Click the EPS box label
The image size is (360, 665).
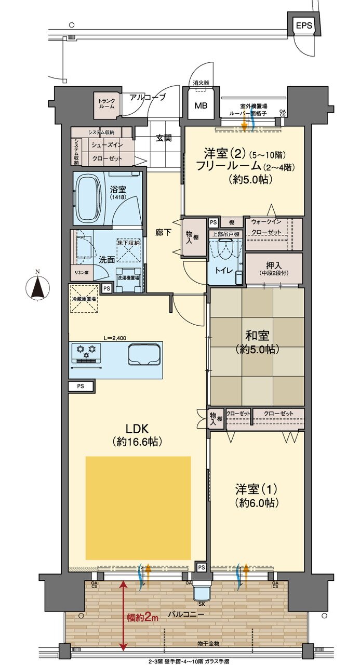(x=303, y=25)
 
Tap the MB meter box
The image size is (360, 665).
(x=201, y=106)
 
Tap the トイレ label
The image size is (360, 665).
(x=220, y=270)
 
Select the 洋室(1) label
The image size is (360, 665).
(x=256, y=496)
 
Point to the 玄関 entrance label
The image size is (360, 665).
(x=164, y=138)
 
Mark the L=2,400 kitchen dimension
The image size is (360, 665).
(x=115, y=338)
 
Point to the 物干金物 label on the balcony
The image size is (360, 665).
(x=209, y=644)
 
